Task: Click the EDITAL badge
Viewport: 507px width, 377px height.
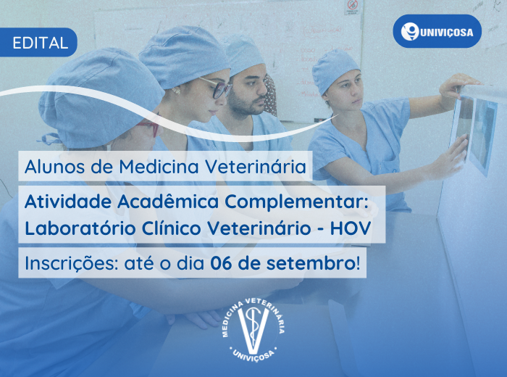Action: [x=38, y=42]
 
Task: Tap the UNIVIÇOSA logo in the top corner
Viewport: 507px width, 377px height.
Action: [x=437, y=31]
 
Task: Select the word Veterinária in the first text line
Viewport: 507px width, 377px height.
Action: [x=256, y=167]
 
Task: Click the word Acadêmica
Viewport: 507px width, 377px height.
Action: [x=168, y=202]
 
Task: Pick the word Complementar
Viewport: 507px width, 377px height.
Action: [x=295, y=203]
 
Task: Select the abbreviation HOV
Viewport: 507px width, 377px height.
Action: [x=350, y=228]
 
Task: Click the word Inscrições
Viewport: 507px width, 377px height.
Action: [x=71, y=264]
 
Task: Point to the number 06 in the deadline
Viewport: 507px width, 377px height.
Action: [x=221, y=263]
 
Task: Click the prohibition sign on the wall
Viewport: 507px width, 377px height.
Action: [x=352, y=6]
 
